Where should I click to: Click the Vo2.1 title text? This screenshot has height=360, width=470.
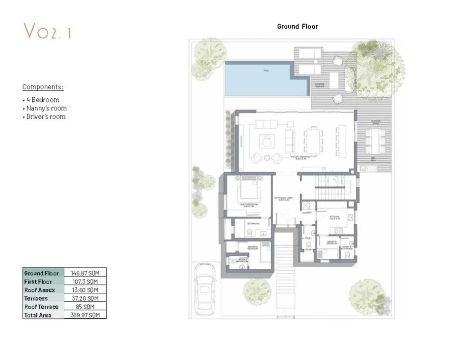(47, 31)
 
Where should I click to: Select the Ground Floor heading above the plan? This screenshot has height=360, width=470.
(297, 27)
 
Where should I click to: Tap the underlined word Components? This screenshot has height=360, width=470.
(43, 87)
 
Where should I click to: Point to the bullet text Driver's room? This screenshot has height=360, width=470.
(45, 117)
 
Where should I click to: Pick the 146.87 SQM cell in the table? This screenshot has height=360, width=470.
(85, 273)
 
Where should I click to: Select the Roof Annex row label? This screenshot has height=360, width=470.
(39, 290)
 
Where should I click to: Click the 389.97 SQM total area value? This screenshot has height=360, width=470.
(85, 315)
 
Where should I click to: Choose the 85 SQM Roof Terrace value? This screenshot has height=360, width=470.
(85, 307)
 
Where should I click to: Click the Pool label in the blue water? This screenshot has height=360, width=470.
(266, 71)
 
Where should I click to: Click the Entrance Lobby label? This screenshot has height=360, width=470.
(284, 199)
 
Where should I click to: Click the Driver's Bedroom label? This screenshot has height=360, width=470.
(253, 248)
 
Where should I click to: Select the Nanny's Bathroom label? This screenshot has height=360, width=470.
(346, 248)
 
